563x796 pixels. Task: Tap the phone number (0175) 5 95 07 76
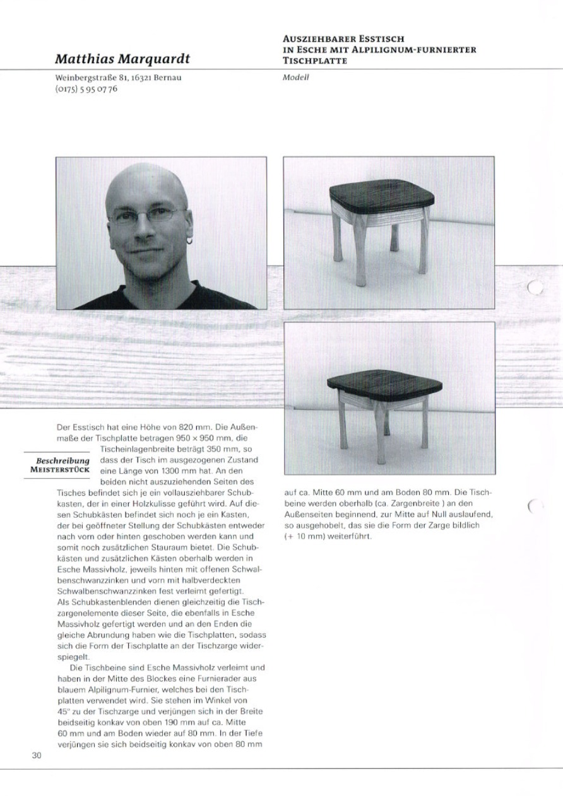tap(86, 90)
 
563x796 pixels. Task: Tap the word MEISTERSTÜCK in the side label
tap(61, 470)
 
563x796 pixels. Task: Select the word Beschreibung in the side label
tap(63, 460)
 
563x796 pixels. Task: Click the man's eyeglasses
tap(146, 216)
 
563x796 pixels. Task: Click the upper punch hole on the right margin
tap(535, 288)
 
